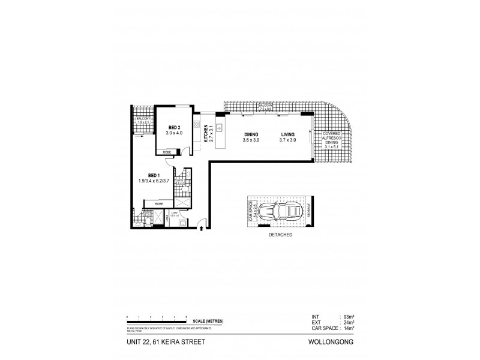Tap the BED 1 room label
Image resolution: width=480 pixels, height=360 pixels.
coord(154,175)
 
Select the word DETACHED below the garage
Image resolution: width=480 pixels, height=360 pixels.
coord(280,235)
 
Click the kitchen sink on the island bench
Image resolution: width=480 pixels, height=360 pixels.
coord(220,127)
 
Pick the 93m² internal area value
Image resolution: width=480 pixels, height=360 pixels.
coord(349,317)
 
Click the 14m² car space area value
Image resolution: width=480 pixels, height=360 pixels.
coord(349,328)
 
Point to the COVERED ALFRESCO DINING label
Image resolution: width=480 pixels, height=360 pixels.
coord(332,139)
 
